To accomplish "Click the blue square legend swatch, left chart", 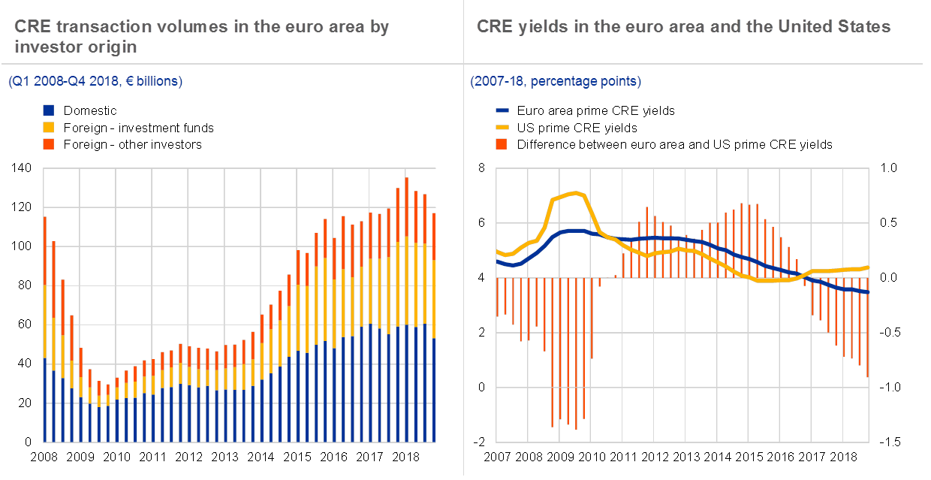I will point(49,110).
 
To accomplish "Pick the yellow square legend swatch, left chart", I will point(49,127).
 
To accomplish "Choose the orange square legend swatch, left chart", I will point(49,143).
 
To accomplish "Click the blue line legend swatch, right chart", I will point(502,110).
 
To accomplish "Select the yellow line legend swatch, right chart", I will point(502,127).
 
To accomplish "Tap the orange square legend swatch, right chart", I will point(502,143).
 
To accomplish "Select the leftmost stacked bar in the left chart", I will point(45,331).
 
